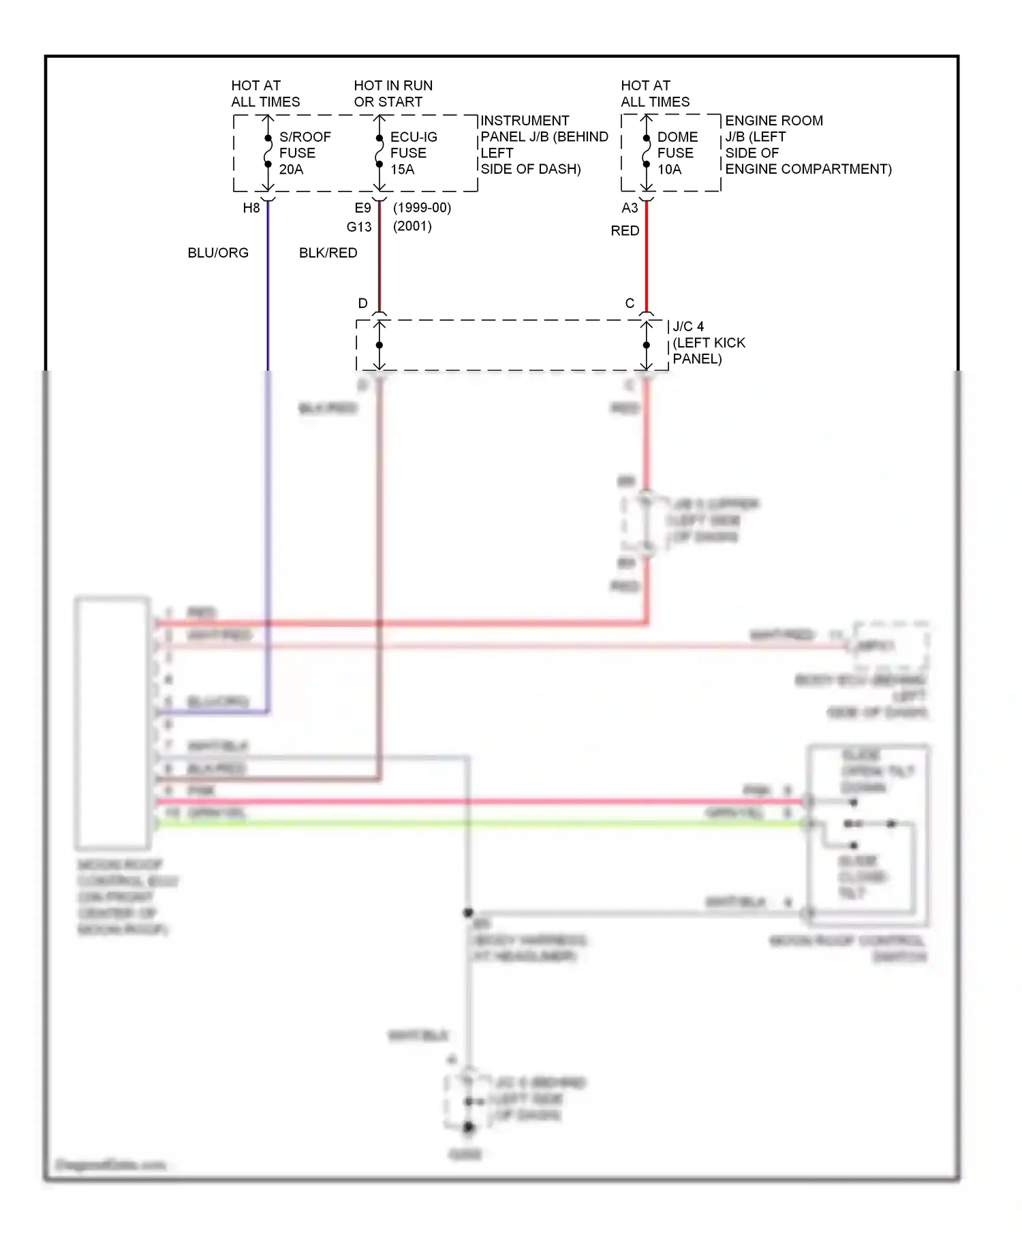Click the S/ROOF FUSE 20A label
click(x=304, y=153)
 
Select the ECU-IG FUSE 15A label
click(x=413, y=153)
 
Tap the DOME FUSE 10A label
click(x=677, y=153)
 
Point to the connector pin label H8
click(x=251, y=208)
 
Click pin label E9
click(x=362, y=208)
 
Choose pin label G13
click(x=359, y=227)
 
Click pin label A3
click(x=630, y=208)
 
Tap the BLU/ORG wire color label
click(x=218, y=253)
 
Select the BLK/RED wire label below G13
click(x=328, y=253)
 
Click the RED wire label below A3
click(x=625, y=231)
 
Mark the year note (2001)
click(x=412, y=226)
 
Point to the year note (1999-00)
click(x=422, y=207)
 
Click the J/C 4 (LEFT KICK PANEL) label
click(x=708, y=343)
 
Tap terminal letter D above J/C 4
click(x=362, y=303)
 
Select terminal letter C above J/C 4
click(x=630, y=303)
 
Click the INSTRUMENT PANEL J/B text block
click(x=544, y=144)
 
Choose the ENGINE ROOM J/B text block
click(x=807, y=144)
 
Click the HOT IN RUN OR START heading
click(x=393, y=93)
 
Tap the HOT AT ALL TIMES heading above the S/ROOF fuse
click(x=265, y=93)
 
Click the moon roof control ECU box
click(x=113, y=723)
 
